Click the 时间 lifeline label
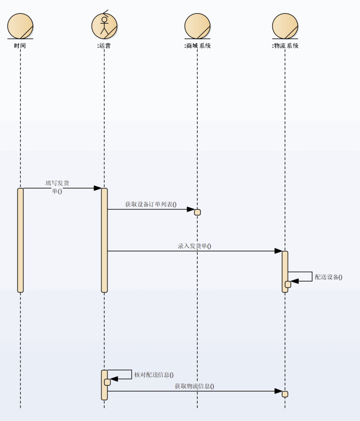coord(20,46)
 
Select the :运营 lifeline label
coord(104,46)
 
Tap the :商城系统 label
coord(197,46)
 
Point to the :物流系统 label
coord(285,46)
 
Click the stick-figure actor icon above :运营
coord(104,25)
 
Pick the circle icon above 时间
coord(20,26)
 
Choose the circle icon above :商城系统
coord(197,26)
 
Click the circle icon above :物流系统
coord(285,26)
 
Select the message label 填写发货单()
coord(57,187)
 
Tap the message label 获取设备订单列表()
coord(151,204)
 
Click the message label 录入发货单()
coord(194,246)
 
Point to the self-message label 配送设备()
coord(328,277)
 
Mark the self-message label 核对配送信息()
coord(154,375)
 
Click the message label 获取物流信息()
coord(194,386)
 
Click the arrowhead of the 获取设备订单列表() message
coord(191,209)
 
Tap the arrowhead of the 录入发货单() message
coord(278,251)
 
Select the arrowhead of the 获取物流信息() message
coord(278,391)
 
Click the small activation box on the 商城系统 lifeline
coord(197,212)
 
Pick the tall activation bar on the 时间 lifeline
coord(20,240)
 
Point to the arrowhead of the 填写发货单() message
coord(98,188)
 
